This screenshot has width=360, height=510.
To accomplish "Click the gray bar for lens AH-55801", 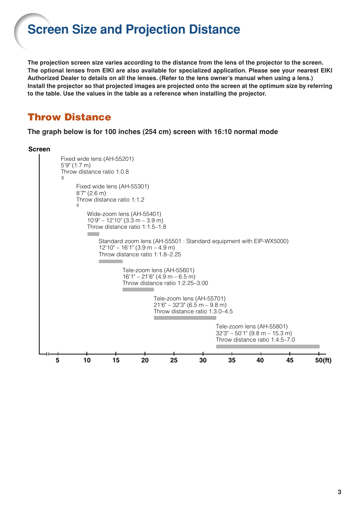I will coord(268,347).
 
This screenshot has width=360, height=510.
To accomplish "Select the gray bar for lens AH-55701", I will coord(185,318).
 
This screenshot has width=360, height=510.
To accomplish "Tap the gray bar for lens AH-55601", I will coord(138,290).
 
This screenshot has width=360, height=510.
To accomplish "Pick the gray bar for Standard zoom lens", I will coord(111,261).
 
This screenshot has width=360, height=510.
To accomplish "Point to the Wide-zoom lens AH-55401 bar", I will coord(93,234).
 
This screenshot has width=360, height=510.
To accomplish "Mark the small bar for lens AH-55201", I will coord(63,178).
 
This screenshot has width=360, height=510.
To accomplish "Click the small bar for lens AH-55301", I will coord(78,205).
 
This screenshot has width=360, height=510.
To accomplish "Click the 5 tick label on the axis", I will coord(58,361).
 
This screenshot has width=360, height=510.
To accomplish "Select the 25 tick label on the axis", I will coord(174,361).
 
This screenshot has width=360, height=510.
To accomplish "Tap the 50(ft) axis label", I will coord(323,361).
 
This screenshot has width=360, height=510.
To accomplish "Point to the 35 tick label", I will coord(232,361).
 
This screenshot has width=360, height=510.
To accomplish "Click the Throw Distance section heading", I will coord(69,117).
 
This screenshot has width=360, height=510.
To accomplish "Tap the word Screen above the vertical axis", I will coord(39,149).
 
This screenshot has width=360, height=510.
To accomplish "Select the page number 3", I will coord(339,492).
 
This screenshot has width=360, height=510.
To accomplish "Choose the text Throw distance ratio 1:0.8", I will coord(95,172).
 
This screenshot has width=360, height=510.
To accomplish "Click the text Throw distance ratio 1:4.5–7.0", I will coord(255,340).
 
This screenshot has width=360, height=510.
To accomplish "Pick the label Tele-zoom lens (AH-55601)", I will coord(158,270).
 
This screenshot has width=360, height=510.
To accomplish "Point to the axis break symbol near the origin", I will coord(47,354).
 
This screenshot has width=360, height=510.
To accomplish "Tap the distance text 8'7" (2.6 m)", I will coord(91,193).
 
